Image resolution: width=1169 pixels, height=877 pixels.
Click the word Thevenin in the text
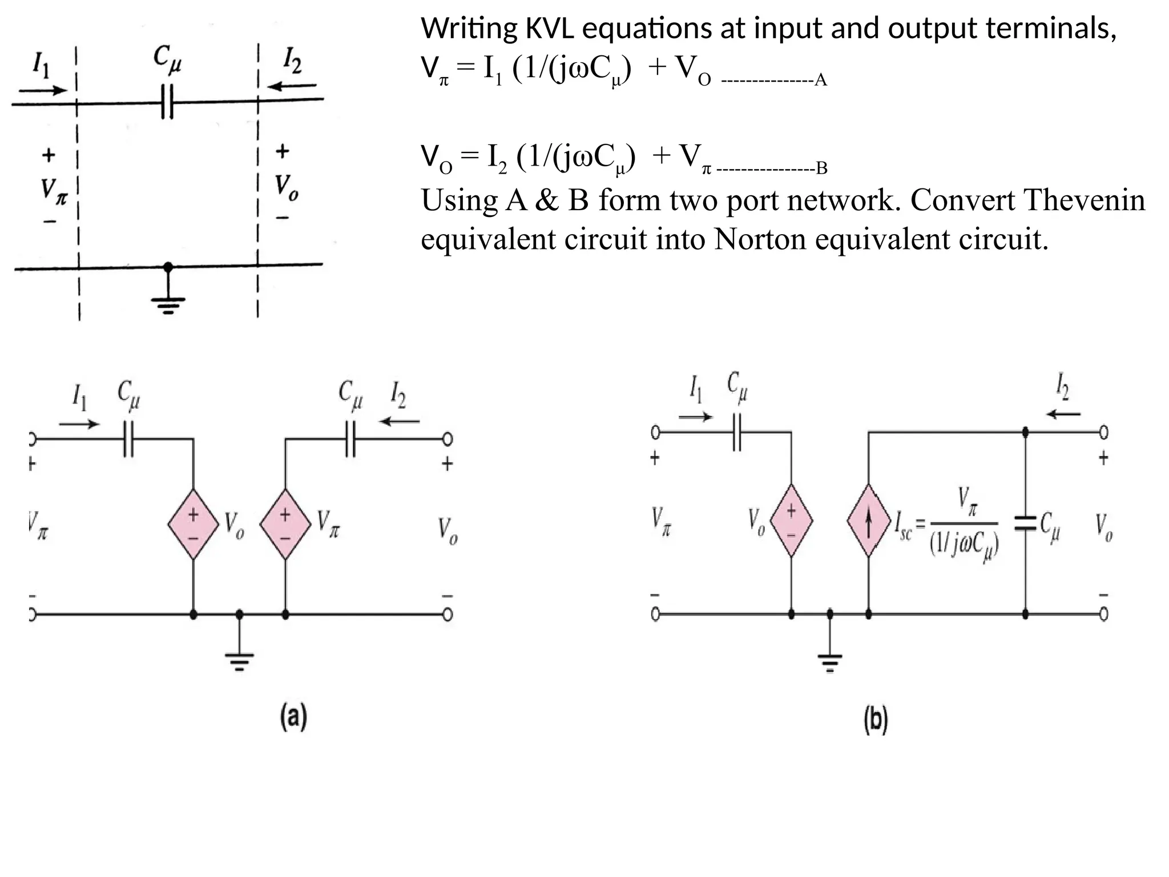[x=1085, y=201]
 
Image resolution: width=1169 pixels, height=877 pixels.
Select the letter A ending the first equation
[x=820, y=80]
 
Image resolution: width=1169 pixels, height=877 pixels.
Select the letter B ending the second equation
[x=821, y=168]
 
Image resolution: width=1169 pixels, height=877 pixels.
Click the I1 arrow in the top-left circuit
[x=43, y=90]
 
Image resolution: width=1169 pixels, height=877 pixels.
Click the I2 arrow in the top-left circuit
[x=292, y=86]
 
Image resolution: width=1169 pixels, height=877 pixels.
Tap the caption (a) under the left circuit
[x=293, y=717]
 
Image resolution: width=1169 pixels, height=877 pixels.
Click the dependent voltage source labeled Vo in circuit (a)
[x=194, y=524]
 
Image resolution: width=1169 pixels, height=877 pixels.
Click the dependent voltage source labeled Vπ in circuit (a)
[x=285, y=524]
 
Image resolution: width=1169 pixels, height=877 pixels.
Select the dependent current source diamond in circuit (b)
[x=868, y=521]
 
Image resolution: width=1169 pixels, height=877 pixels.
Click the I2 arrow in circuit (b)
[x=1063, y=414]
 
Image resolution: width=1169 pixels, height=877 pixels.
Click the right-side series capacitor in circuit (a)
[x=350, y=439]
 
